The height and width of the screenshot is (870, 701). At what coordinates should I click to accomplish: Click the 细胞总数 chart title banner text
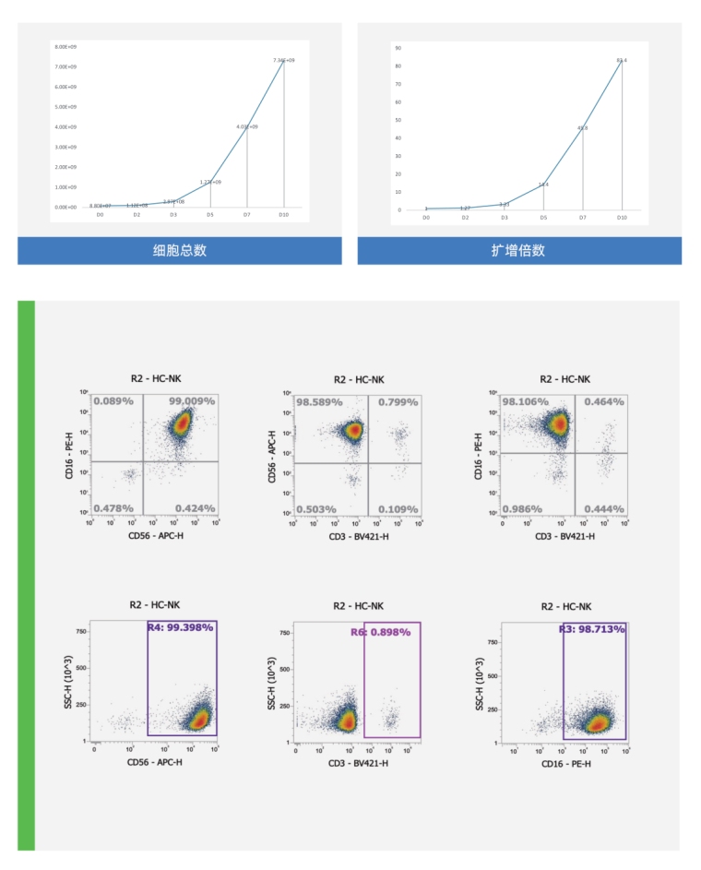click(179, 251)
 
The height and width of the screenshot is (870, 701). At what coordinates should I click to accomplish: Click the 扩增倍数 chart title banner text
click(518, 251)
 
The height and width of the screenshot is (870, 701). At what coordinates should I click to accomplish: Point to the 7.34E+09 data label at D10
click(283, 60)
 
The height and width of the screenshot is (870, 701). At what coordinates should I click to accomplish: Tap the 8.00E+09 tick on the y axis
click(65, 46)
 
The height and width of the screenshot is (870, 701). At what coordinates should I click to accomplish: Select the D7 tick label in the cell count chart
click(246, 214)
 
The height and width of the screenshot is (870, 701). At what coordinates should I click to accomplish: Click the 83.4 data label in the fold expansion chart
click(622, 60)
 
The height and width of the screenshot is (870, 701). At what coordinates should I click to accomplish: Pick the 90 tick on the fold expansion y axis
click(398, 46)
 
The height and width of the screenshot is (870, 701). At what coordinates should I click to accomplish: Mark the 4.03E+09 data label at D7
click(246, 126)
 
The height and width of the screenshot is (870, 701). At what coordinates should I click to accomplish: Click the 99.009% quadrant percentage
click(192, 401)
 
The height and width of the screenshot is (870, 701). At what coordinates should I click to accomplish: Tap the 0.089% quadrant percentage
click(113, 401)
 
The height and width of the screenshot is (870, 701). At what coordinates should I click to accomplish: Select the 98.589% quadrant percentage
click(319, 402)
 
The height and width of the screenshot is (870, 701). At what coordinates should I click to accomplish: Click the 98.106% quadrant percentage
click(526, 402)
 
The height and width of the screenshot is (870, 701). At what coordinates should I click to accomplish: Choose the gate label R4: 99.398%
click(181, 627)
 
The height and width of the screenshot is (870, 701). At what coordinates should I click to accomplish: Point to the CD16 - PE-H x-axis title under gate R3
click(564, 761)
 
